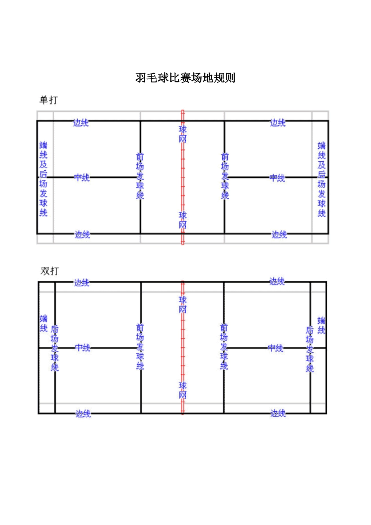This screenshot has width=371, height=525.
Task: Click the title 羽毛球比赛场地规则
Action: pos(185,78)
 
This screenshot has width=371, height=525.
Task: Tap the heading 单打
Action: pos(49,100)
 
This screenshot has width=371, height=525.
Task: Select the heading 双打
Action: pos(50,271)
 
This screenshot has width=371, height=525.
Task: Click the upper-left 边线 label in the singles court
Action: pos(81,123)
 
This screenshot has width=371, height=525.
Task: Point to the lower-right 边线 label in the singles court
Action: pos(279,234)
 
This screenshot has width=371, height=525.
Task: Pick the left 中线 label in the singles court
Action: pos(82,177)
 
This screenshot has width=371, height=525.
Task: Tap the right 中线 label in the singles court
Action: pos(277,178)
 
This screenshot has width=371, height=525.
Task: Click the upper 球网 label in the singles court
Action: pos(183,134)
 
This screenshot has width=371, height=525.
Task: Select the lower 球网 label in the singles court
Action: pos(183,220)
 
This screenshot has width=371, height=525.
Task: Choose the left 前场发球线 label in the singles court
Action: pos(140,176)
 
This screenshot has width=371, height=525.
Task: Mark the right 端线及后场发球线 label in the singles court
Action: pos(321,179)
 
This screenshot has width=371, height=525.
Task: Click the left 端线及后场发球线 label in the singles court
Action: pos(43,179)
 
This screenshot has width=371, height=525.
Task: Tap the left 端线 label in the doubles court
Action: pos(44,323)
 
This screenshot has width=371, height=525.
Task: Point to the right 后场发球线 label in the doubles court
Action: pos(310,349)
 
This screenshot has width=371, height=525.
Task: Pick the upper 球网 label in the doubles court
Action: pos(183,305)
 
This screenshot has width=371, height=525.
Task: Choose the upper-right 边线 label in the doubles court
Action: pos(277,281)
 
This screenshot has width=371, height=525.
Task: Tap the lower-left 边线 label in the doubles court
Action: pos(83,414)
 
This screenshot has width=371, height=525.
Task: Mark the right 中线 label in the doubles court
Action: pos(275,348)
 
